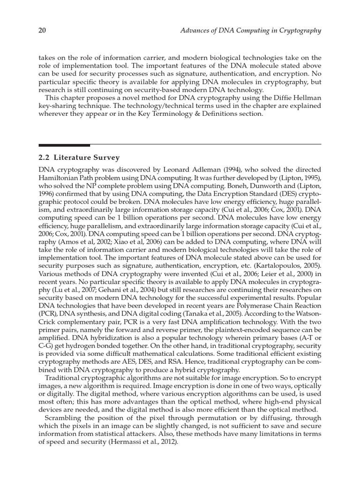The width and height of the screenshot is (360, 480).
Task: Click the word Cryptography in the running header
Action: pos(298,31)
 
